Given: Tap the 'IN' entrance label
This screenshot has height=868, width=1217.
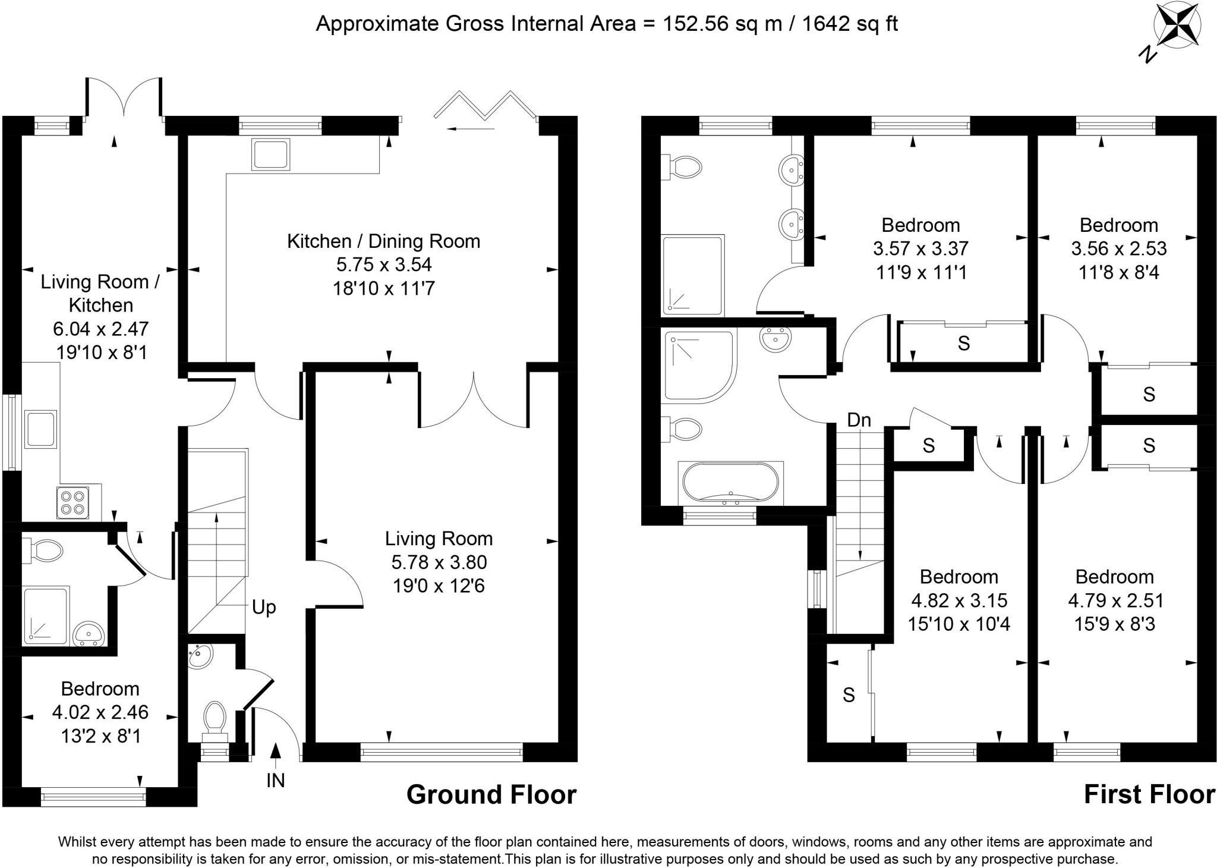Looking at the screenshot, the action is tap(276, 780).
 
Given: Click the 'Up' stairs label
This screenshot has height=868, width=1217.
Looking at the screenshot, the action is tap(264, 607).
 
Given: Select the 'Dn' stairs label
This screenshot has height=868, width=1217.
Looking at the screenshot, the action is tap(859, 420).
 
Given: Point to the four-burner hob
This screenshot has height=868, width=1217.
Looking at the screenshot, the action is tap(72, 501).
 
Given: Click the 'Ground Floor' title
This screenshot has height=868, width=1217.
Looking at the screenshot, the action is tap(491, 795).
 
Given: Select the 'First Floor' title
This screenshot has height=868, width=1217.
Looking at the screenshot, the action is tap(1149, 795).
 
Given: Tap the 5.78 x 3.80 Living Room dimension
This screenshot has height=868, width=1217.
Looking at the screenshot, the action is tap(439, 562).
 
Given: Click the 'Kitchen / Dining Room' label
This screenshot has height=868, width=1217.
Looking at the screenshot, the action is tap(384, 241).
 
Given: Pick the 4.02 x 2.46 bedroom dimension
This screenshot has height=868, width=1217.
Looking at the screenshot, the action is tap(100, 712).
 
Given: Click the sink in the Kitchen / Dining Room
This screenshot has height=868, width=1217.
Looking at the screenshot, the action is tap(271, 155).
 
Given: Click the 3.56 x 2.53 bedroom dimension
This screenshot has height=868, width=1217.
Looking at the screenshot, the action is tap(1119, 249).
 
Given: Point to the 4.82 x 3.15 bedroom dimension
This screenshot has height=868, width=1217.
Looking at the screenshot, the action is tap(959, 600).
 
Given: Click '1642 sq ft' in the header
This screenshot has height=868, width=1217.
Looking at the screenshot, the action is tap(850, 24).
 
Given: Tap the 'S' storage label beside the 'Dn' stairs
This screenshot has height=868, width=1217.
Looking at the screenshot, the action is tap(929, 445).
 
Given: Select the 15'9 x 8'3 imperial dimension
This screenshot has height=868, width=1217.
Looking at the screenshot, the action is tap(1115, 624).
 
